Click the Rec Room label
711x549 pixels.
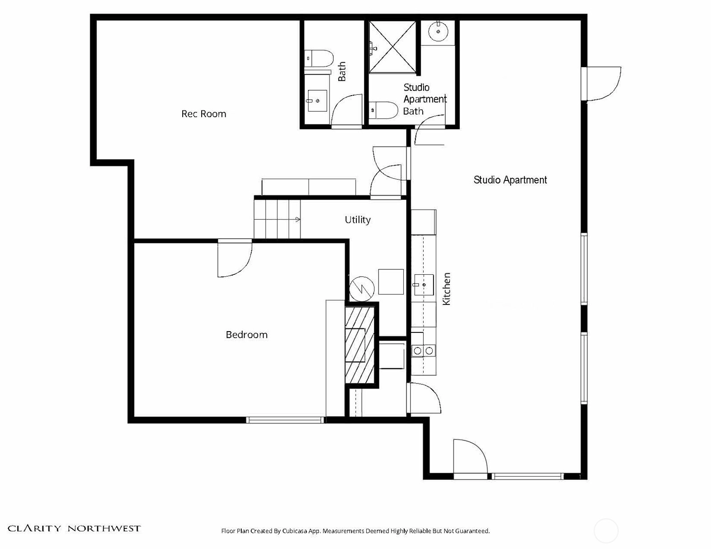(203, 114)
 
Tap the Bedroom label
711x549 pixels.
(247, 335)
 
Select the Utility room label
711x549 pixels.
(358, 220)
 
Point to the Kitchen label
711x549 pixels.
(446, 289)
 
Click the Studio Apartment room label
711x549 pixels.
(510, 180)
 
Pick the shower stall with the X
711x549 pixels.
(392, 47)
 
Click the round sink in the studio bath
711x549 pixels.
(438, 32)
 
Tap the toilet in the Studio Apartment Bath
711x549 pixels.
(383, 110)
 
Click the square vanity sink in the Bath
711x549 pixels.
(317, 101)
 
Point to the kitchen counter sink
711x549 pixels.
(424, 285)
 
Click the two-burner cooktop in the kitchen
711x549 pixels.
(423, 351)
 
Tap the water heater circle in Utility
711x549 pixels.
(362, 289)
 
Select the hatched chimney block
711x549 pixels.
(360, 345)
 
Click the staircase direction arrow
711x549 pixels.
(297, 219)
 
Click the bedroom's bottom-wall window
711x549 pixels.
(285, 420)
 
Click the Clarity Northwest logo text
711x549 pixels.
(74, 528)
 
